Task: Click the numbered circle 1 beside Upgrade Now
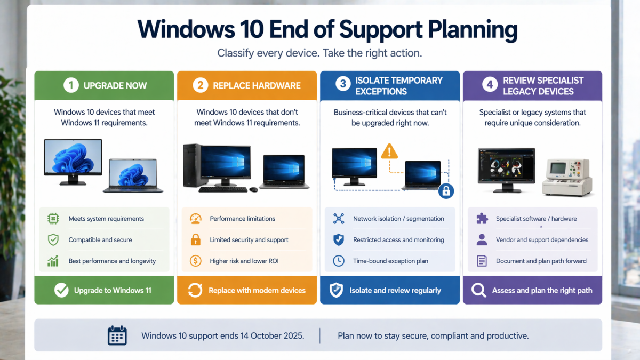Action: [71, 85]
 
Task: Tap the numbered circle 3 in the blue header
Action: [343, 83]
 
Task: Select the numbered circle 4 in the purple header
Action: [490, 84]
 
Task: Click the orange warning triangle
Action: [389, 151]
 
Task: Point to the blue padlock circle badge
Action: [446, 191]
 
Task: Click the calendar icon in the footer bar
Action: [117, 335]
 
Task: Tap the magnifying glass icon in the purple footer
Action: [478, 290]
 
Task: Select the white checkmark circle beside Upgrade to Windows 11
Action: [61, 290]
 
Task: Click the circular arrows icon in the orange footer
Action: [195, 290]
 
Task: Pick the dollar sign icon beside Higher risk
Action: [195, 261]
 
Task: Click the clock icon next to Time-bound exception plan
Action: [339, 261]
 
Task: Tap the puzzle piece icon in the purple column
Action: [482, 219]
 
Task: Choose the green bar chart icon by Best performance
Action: [53, 261]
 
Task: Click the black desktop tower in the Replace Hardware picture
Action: [193, 165]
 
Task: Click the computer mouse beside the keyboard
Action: [253, 189]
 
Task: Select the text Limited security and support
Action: [249, 239]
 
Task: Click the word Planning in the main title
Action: [473, 30]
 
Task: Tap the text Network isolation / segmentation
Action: [398, 219]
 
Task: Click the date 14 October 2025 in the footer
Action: [273, 335]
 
